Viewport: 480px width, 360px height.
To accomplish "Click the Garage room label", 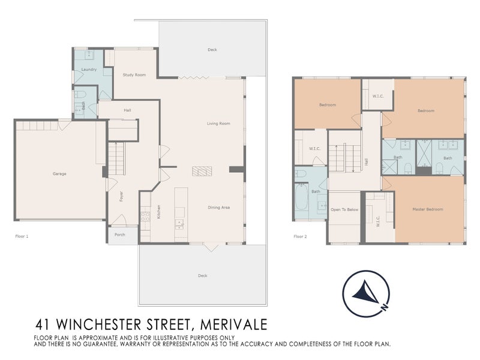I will click(59, 173).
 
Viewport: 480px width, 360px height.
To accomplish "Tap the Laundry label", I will click(89, 70).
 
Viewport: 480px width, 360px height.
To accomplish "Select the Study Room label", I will click(134, 75).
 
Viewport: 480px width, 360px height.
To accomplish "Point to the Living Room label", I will click(218, 124).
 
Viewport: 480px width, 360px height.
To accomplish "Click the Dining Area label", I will click(219, 208).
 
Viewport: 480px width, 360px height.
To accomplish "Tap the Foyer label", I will click(121, 196).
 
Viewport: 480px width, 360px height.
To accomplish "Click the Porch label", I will click(119, 235).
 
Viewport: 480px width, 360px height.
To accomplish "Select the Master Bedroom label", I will click(427, 209).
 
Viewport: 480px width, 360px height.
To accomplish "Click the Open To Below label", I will click(344, 209).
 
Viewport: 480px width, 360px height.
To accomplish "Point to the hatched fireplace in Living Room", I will click(200, 171).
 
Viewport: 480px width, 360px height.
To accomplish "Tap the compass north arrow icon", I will click(365, 294).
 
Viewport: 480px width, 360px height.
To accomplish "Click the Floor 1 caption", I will click(22, 236).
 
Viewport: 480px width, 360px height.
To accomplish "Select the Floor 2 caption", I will click(300, 236).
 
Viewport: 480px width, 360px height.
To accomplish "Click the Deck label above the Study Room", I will click(212, 49).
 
